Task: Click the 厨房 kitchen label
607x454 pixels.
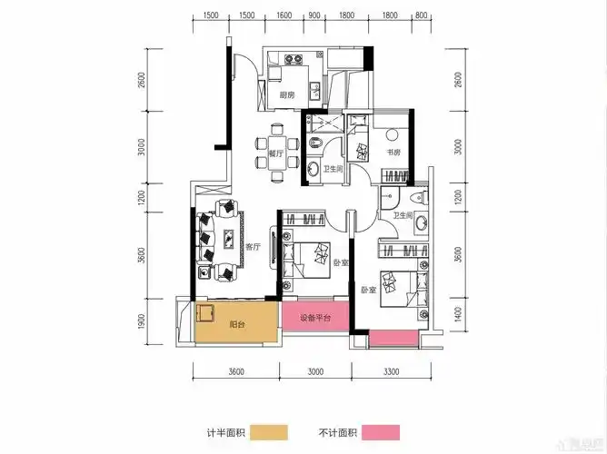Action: point(286,94)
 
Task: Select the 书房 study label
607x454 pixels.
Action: point(393,153)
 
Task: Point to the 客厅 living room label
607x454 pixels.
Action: point(254,246)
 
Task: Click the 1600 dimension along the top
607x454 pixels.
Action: point(283,15)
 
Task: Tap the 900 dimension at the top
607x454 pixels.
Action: point(314,15)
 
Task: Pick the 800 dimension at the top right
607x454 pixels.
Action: point(420,15)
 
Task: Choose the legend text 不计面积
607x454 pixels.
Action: point(339,432)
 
